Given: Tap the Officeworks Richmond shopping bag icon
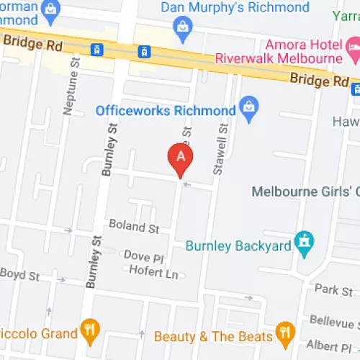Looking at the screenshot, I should pyautogui.click(x=249, y=110).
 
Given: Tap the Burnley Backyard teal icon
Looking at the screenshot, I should pyautogui.click(x=305, y=245).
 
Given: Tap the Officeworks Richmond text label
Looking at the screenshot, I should pyautogui.click(x=166, y=111).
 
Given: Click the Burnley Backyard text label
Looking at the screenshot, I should pyautogui.click(x=238, y=246).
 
